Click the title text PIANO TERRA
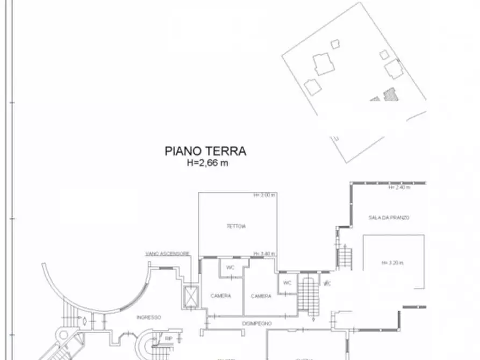205,152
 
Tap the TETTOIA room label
236,226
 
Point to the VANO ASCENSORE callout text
167,254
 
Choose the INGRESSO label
149,317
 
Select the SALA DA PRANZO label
389,218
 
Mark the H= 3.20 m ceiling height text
392,263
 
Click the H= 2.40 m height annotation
399,188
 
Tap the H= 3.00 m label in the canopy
264,195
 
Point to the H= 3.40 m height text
264,254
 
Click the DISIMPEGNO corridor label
256,323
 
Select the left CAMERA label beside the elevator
220,296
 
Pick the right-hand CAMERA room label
261,296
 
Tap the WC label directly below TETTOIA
230,267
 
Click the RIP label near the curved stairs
168,339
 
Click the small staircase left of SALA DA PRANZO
344,257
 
